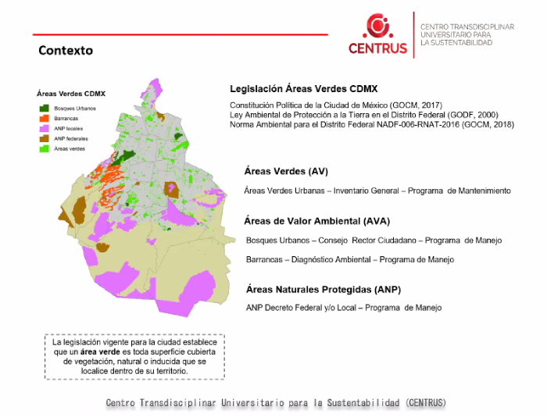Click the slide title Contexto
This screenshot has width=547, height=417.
(66, 51)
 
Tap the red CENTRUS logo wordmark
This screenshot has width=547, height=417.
(378, 48)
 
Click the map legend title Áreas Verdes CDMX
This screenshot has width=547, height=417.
(66, 94)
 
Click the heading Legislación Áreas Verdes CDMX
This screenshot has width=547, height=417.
(304, 89)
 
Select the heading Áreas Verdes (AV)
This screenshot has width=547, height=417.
(286, 171)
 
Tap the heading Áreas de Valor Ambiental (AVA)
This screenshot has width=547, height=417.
(316, 221)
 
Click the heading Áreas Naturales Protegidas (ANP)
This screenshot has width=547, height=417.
(323, 290)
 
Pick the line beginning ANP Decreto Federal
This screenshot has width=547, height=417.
(343, 308)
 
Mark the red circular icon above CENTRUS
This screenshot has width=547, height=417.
(378, 25)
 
